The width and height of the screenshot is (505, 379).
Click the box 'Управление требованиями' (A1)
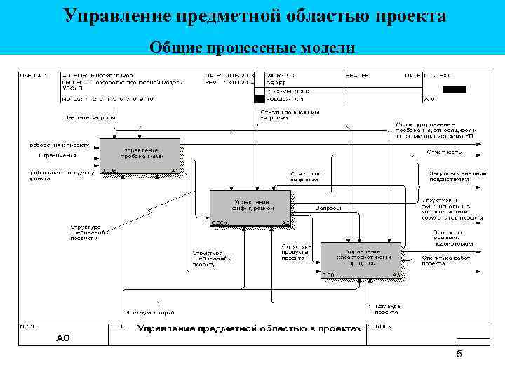tap(140, 156)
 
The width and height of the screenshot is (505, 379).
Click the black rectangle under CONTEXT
tap(454, 89)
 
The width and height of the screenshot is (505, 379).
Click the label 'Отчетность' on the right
tap(443, 152)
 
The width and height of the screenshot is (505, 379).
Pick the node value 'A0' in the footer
tap(63, 338)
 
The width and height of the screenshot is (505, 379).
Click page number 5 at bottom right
tap(459, 354)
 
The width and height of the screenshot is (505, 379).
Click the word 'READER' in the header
tap(358, 75)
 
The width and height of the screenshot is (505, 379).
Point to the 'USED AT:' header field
tap(32, 75)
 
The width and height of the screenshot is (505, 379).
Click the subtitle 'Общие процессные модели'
tap(252, 47)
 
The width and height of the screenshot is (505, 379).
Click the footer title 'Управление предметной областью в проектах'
tap(249, 328)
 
